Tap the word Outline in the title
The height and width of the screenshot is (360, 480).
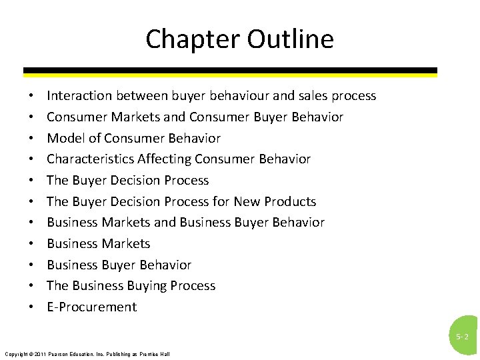[x=290, y=39]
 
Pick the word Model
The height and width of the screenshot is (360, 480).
[x=65, y=138]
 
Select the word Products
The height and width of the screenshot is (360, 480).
[x=290, y=201]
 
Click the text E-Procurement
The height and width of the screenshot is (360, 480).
[x=91, y=307]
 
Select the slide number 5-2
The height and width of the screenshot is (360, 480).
[x=462, y=337]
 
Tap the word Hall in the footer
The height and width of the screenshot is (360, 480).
[x=165, y=354]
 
